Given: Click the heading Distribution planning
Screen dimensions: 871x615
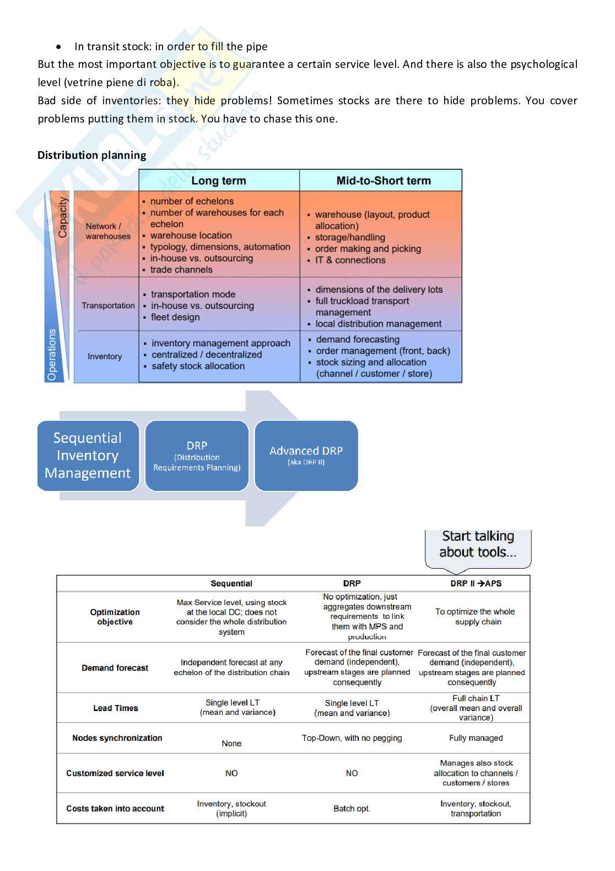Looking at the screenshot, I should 92,155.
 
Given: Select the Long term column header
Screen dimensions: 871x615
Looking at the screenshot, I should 219,180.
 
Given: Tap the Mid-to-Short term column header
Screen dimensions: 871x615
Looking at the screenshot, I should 384,180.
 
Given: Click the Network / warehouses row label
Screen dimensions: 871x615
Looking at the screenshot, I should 107,231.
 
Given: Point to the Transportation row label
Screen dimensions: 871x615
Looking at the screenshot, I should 108,306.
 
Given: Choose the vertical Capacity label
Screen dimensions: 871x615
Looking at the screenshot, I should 62,217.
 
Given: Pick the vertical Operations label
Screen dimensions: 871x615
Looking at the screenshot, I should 52,355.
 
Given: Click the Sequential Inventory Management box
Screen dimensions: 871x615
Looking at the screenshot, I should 88,456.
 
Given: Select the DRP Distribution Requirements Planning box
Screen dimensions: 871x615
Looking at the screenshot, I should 197,456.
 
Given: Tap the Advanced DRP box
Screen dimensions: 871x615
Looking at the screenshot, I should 306,456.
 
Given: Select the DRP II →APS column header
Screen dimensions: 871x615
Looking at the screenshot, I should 476,584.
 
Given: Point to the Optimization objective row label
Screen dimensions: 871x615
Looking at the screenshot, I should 115,617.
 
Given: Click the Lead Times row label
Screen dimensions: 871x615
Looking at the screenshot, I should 116,708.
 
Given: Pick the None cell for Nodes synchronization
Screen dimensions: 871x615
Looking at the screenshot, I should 231,744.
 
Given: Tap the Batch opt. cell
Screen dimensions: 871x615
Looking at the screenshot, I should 352,809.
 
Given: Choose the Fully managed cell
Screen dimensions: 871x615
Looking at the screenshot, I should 476,738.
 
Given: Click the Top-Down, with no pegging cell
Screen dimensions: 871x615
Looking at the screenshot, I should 352,738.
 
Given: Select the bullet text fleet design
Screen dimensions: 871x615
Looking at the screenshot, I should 175,317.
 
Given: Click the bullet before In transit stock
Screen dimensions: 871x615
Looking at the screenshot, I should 58,47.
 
